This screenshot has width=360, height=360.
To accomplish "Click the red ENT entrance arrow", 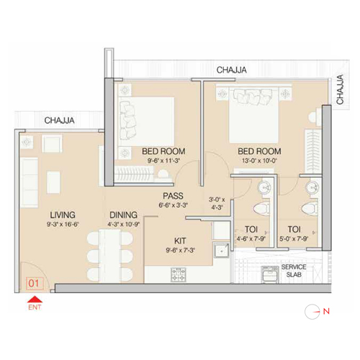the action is coord(35,300).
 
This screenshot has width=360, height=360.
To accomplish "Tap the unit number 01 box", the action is coord(34,284).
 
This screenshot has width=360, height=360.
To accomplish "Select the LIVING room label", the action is coord(63,215).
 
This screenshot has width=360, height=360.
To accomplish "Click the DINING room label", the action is coord(123,215).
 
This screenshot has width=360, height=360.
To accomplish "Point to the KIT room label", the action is coord(180,240).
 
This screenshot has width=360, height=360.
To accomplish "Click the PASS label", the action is coord(173,196).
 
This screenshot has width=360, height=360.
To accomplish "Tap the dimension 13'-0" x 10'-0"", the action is coord(259,161).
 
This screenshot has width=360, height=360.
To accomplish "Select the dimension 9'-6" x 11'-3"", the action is coord(163,161).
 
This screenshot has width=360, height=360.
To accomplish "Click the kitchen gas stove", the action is coord(179,274).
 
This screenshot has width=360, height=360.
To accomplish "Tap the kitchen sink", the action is coord(221,250).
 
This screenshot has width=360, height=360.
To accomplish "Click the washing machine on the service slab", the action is coord(270,274).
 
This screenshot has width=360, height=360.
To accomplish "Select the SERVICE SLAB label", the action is coord(294,271).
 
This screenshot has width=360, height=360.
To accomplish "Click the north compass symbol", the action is coord(312,312).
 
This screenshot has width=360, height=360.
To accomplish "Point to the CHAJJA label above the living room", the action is coord(59,120).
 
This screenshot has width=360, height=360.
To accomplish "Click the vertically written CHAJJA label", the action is coord(340,89).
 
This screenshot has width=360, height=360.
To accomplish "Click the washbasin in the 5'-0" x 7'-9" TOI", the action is coord(312,186).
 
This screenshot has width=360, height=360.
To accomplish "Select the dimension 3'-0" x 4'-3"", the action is coord(217,203).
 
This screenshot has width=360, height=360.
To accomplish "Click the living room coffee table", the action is coord(53,182).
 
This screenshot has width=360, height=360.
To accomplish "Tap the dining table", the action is coord(110,256).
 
